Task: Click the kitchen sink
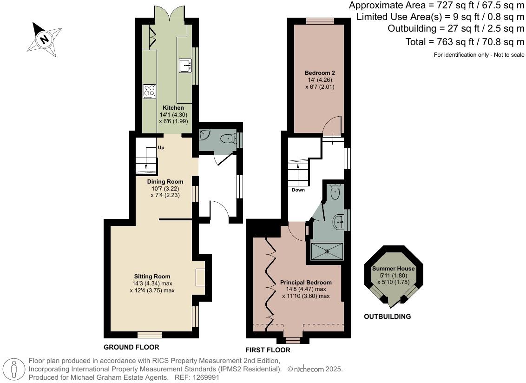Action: (x=185, y=66)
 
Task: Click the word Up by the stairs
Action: (x=161, y=148)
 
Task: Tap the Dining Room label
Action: (x=165, y=181)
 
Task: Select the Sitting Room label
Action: (x=152, y=277)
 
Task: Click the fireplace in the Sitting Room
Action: (x=200, y=277)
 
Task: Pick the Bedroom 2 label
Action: (x=320, y=73)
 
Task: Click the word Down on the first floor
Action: (x=298, y=190)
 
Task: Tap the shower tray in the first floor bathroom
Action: (x=327, y=251)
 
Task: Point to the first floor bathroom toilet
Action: (x=335, y=191)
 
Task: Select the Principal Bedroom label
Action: (x=306, y=283)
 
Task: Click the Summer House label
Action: (x=393, y=269)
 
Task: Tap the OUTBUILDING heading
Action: (x=388, y=317)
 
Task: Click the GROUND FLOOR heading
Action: (x=131, y=347)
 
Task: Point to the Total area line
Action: (x=465, y=42)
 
